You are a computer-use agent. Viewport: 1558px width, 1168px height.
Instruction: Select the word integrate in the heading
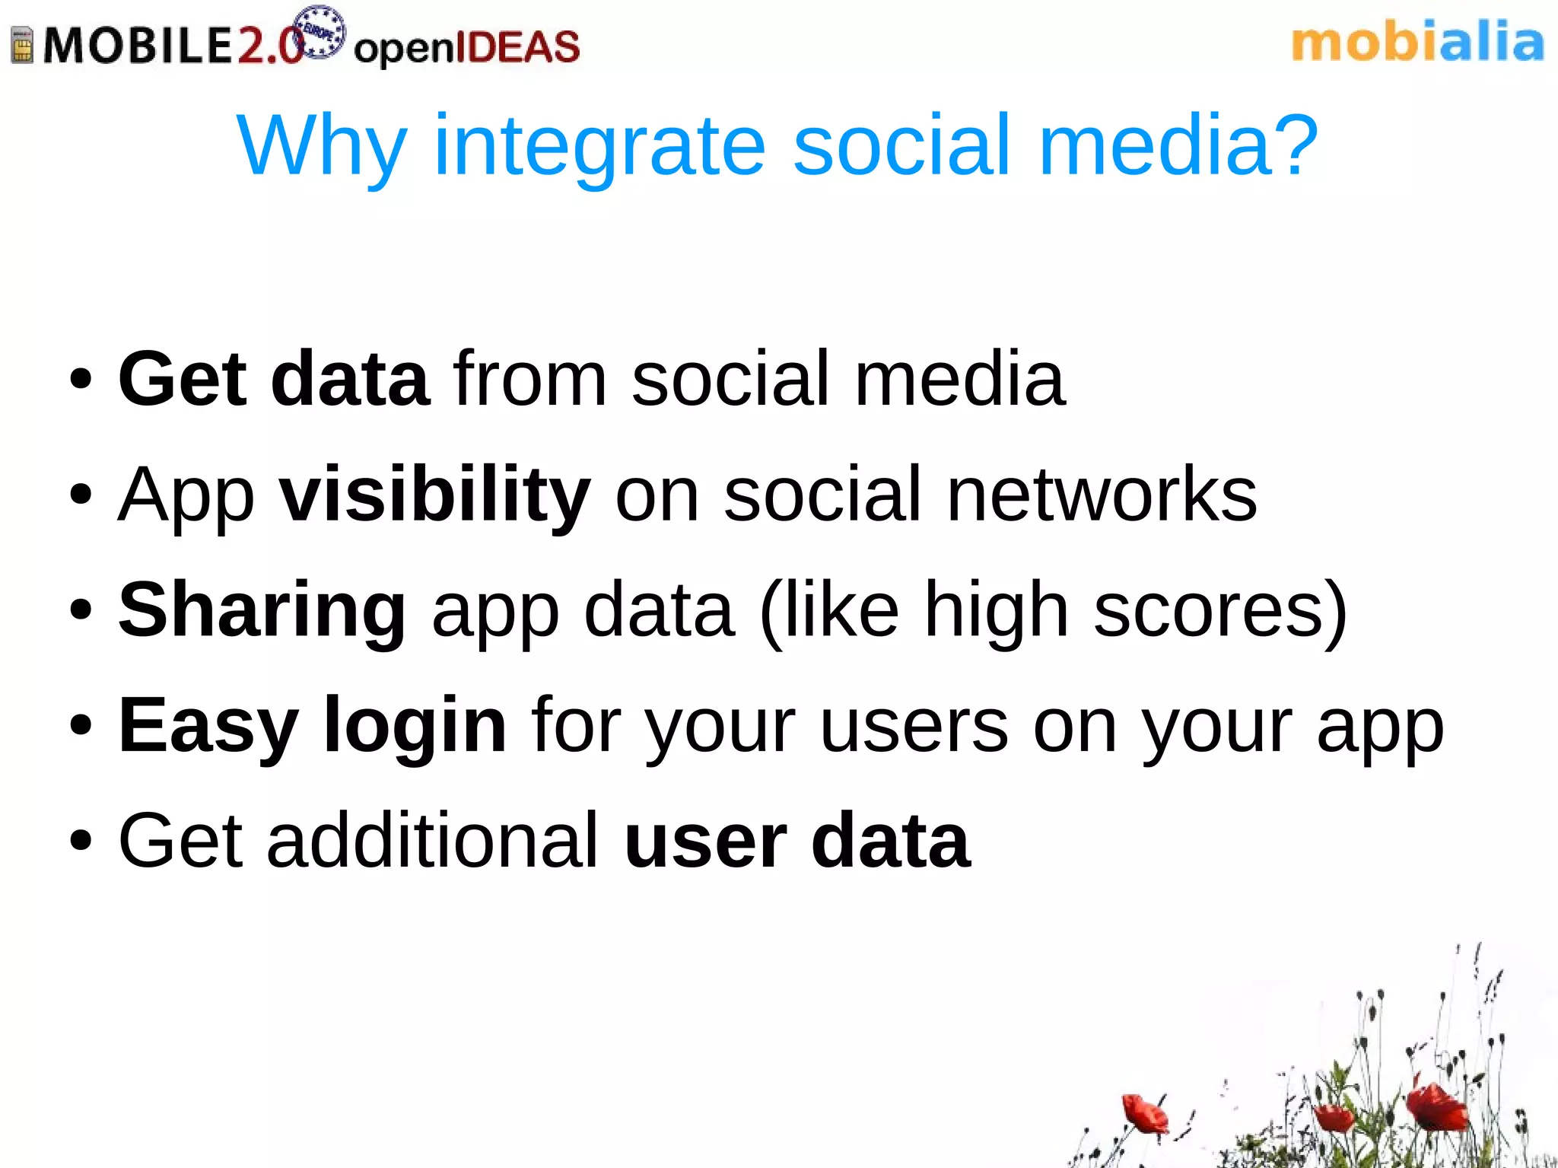[599, 145]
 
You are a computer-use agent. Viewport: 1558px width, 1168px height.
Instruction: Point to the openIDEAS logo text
[466, 47]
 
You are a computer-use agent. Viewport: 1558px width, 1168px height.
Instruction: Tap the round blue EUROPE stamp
[320, 32]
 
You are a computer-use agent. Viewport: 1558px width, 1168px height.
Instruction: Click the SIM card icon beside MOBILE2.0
[23, 45]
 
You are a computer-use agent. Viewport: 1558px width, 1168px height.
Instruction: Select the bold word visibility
[434, 495]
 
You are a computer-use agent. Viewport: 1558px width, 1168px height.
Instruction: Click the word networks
[1102, 495]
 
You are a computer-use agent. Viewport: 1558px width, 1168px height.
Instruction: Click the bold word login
[415, 725]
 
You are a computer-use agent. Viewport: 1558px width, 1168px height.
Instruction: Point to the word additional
[432, 840]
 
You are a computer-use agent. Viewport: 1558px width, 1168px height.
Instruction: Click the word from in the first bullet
[529, 379]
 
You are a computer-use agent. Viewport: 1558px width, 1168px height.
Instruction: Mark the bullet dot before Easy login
[81, 725]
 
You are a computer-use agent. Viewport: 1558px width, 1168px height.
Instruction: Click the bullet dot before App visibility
[81, 495]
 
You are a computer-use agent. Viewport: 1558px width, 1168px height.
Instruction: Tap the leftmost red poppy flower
[1143, 1112]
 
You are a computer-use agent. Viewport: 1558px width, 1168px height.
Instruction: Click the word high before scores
[997, 610]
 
